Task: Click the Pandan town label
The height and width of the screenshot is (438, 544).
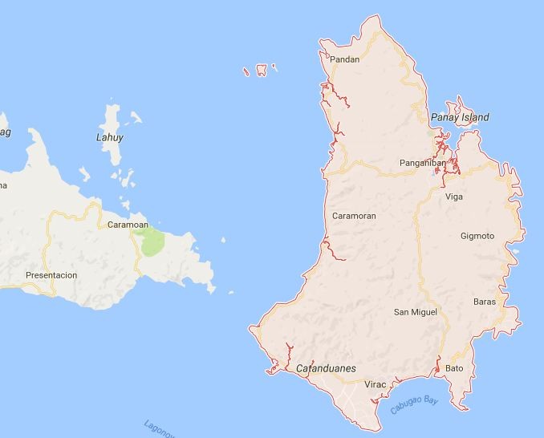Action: [x=344, y=59]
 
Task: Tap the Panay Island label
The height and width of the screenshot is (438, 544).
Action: [x=460, y=118]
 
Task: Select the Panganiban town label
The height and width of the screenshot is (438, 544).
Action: [x=422, y=163]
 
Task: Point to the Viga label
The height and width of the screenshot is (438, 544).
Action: [x=454, y=197]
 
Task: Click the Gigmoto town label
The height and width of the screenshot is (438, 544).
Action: [x=477, y=236]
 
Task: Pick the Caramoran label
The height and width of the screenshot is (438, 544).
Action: [x=354, y=216]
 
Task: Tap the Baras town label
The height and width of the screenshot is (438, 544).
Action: [x=485, y=302]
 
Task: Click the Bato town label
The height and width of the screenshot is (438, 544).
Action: [x=454, y=368]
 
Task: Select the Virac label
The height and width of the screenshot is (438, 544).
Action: [x=376, y=385]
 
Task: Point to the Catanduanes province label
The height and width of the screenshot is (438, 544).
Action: [x=326, y=369]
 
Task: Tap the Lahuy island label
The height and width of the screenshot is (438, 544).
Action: [x=110, y=138]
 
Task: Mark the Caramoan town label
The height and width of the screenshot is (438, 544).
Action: [x=128, y=225]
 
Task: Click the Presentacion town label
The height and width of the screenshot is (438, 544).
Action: [x=51, y=275]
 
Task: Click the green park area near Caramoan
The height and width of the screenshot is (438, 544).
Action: [x=151, y=241]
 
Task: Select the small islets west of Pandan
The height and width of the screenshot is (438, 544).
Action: [x=261, y=71]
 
